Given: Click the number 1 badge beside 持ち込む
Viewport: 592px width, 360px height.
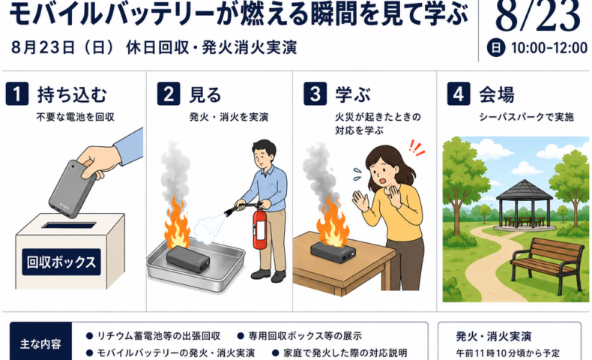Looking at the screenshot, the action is click(17, 94).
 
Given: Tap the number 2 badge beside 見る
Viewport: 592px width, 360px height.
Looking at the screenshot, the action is click(169, 94).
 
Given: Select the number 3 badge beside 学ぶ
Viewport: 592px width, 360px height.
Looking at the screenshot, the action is click(315, 94).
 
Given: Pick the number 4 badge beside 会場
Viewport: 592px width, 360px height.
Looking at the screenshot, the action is click(459, 94).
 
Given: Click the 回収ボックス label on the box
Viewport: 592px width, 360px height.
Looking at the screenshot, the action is click(61, 262).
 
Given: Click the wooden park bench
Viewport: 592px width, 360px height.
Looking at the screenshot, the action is click(547, 262).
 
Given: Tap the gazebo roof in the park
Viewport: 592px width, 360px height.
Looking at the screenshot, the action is click(524, 190).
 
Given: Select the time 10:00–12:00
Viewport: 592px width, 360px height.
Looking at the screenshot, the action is click(549, 48).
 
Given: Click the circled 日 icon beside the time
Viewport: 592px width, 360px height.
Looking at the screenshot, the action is click(496, 48).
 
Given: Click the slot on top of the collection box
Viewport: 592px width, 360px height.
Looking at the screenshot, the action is click(69, 226).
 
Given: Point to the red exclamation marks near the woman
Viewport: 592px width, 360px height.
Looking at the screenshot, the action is click(417, 148).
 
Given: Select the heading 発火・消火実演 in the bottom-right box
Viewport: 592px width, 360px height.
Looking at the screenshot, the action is click(494, 336).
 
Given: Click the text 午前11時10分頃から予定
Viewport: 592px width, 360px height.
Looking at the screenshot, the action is click(508, 353).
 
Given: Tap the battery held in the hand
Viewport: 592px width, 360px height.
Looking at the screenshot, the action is click(73, 189).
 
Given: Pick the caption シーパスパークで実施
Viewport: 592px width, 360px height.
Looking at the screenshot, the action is click(526, 117).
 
